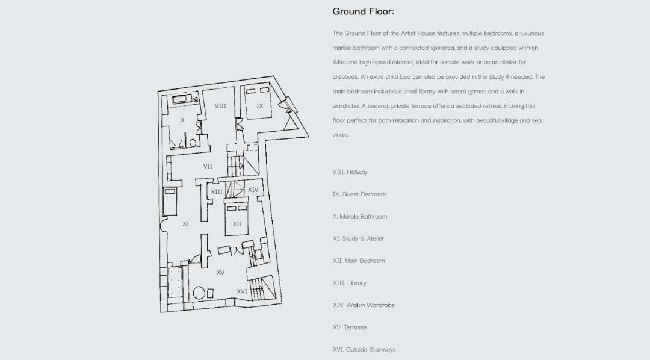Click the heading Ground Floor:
click(363, 11)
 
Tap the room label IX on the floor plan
click(260, 106)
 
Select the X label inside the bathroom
click(182, 120)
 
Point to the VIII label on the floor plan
click(220, 106)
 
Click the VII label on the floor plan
click(208, 166)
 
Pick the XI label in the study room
click(185, 224)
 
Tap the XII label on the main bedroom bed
click(237, 224)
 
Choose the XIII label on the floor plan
click(217, 192)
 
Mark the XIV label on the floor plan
click(253, 190)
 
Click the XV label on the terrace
click(220, 273)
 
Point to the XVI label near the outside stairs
click(241, 291)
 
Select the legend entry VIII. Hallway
click(350, 172)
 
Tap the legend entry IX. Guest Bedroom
click(359, 194)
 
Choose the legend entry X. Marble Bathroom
click(360, 217)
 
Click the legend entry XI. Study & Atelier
click(358, 239)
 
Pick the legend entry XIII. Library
click(349, 283)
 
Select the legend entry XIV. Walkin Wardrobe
click(364, 305)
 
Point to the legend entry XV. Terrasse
click(350, 327)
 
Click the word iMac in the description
click(338, 63)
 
